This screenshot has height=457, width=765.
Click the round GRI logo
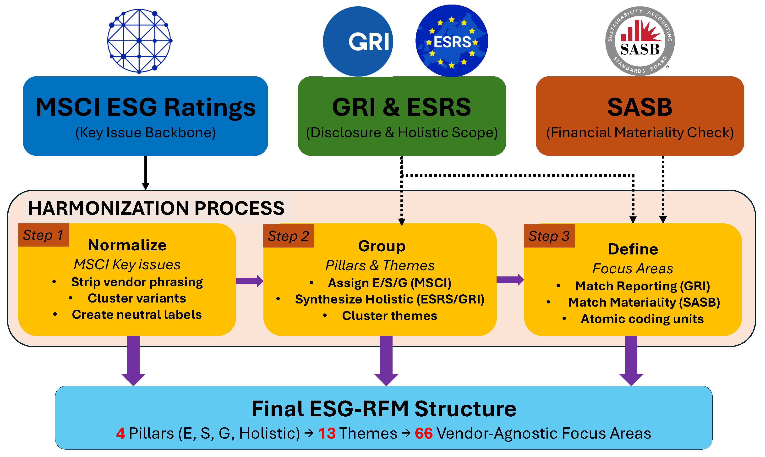pyautogui.click(x=358, y=42)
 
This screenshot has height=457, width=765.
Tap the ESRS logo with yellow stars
pyautogui.click(x=452, y=41)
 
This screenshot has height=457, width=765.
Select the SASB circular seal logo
pyautogui.click(x=640, y=41)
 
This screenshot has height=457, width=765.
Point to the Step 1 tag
pyautogui.click(x=44, y=235)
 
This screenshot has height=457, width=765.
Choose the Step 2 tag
pyautogui.click(x=289, y=236)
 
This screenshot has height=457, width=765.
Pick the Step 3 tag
pyautogui.click(x=549, y=236)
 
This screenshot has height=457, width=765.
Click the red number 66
pyautogui.click(x=424, y=433)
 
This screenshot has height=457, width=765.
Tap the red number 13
pyautogui.click(x=327, y=433)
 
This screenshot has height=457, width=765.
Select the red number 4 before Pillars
pyautogui.click(x=120, y=433)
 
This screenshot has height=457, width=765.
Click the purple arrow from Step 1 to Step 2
pyautogui.click(x=250, y=281)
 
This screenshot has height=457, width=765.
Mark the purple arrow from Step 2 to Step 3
pyautogui.click(x=510, y=280)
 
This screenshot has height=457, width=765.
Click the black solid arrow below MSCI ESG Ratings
pyautogui.click(x=146, y=173)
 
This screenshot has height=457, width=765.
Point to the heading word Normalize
pyautogui.click(x=127, y=245)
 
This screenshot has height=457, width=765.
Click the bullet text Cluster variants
pyautogui.click(x=137, y=298)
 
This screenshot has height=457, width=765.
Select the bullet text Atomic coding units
pyautogui.click(x=642, y=319)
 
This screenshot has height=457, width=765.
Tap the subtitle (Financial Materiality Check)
pyautogui.click(x=640, y=132)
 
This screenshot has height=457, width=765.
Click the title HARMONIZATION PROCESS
pyautogui.click(x=156, y=208)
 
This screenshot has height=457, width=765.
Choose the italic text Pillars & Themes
pyautogui.click(x=380, y=265)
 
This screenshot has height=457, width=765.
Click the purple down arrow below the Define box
pyautogui.click(x=631, y=361)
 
